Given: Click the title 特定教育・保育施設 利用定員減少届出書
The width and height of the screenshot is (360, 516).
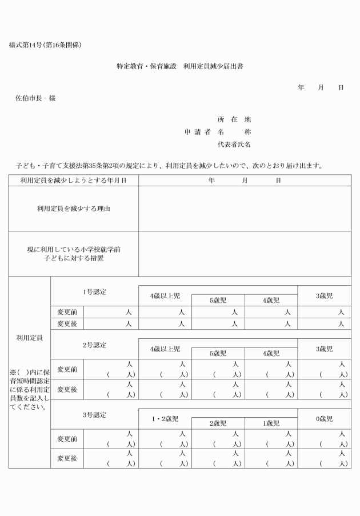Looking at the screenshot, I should (180, 66).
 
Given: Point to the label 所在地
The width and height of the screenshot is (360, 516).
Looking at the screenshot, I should (234, 119).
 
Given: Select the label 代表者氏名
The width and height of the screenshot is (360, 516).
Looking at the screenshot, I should (234, 145).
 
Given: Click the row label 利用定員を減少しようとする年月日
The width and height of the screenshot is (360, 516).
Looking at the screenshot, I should (73, 181).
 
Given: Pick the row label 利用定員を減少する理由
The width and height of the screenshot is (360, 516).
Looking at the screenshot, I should (73, 209).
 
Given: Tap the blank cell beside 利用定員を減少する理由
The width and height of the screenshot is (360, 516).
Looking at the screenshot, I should (245, 209).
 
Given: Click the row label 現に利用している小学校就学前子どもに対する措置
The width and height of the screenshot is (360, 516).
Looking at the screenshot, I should (73, 254).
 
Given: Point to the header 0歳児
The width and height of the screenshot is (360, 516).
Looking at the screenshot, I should (324, 419).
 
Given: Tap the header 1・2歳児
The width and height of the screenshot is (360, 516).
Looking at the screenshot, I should (165, 419).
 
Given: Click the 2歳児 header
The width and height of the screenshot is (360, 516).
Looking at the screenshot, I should (218, 423).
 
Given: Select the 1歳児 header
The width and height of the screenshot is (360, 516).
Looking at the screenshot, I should (271, 423).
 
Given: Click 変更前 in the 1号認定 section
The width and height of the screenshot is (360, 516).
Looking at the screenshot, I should (67, 312).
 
